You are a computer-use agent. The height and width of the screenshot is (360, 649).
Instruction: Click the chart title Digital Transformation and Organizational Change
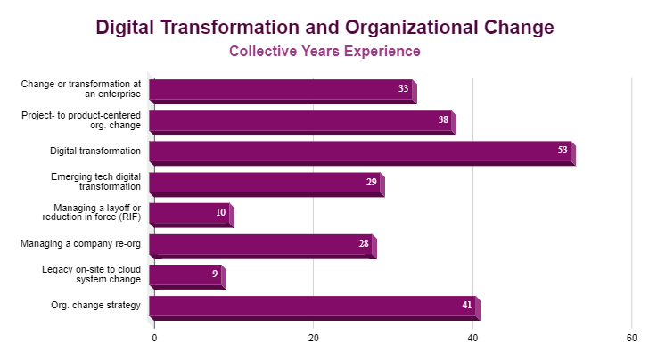[x=324, y=27]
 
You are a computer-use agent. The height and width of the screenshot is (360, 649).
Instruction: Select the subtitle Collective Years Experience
[x=324, y=52]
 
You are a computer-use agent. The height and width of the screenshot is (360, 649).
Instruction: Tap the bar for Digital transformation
[x=360, y=151]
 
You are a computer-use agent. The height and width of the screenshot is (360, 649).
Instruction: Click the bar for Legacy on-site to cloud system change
[x=185, y=275]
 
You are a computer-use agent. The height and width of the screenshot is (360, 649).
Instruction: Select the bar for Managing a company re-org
[x=260, y=244]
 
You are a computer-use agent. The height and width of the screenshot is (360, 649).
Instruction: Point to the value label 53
[x=563, y=151]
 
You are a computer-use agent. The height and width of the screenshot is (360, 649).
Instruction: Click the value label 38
[x=443, y=119]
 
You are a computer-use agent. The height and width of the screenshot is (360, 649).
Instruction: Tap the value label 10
[x=220, y=213]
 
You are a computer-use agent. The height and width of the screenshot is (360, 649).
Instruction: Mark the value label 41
[x=467, y=306]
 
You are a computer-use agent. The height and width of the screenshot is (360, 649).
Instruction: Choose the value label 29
[x=371, y=182]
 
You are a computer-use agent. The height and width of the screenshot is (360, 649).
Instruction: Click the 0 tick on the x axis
[x=154, y=339]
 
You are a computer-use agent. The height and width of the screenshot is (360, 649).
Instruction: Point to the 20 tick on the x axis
[x=314, y=339]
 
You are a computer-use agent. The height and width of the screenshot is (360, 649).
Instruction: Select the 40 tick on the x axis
[x=472, y=339]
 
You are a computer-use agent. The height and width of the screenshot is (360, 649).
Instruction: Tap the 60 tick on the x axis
[x=631, y=339]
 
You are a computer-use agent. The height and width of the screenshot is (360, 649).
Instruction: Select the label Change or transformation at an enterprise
[x=82, y=89]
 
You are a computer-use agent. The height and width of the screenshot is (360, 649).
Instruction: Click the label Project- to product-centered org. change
[x=82, y=120]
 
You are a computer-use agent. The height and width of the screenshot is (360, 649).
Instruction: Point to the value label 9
[x=215, y=274]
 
